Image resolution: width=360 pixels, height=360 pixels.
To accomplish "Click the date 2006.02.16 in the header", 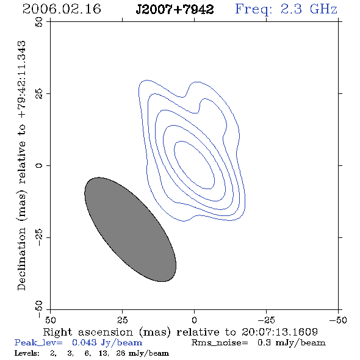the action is pyautogui.click(x=62, y=9).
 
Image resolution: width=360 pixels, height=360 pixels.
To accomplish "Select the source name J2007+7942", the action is pyautogui.click(x=175, y=9).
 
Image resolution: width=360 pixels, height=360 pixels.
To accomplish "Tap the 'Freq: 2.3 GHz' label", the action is pyautogui.click(x=286, y=10).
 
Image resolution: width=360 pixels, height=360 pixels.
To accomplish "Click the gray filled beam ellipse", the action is pyautogui.click(x=130, y=229).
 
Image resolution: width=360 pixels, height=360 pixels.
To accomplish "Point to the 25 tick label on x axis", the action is pyautogui.click(x=122, y=320).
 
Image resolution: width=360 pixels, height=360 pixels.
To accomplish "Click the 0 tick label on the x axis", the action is pyautogui.click(x=194, y=320).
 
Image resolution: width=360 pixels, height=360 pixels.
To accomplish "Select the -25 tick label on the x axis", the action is pyautogui.click(x=266, y=320).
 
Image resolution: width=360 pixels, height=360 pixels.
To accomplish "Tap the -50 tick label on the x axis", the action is pyautogui.click(x=338, y=320).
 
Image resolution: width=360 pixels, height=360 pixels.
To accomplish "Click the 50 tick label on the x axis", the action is pyautogui.click(x=51, y=320).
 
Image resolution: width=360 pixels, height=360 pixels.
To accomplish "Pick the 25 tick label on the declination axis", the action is pyautogui.click(x=39, y=93).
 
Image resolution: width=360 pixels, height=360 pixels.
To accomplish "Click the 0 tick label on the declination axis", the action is pyautogui.click(x=39, y=165).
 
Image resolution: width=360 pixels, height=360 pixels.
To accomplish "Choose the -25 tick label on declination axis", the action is pyautogui.click(x=39, y=237).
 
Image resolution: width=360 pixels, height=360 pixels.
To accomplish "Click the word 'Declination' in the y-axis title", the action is pyautogui.click(x=21, y=259).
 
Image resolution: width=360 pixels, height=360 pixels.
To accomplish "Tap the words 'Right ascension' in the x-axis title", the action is pyautogui.click(x=88, y=332).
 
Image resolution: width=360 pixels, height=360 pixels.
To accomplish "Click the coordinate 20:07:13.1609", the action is pyautogui.click(x=279, y=332).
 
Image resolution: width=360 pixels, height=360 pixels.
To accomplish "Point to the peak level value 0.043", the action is pyautogui.click(x=84, y=342).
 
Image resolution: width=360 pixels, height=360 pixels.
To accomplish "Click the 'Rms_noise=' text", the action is pyautogui.click(x=220, y=343).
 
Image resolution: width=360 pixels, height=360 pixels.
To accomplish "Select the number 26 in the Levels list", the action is pyautogui.click(x=120, y=353).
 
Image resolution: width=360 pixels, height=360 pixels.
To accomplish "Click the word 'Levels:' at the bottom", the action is pyautogui.click(x=27, y=353).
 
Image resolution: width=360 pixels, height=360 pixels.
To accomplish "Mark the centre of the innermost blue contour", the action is pyautogui.click(x=194, y=165).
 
